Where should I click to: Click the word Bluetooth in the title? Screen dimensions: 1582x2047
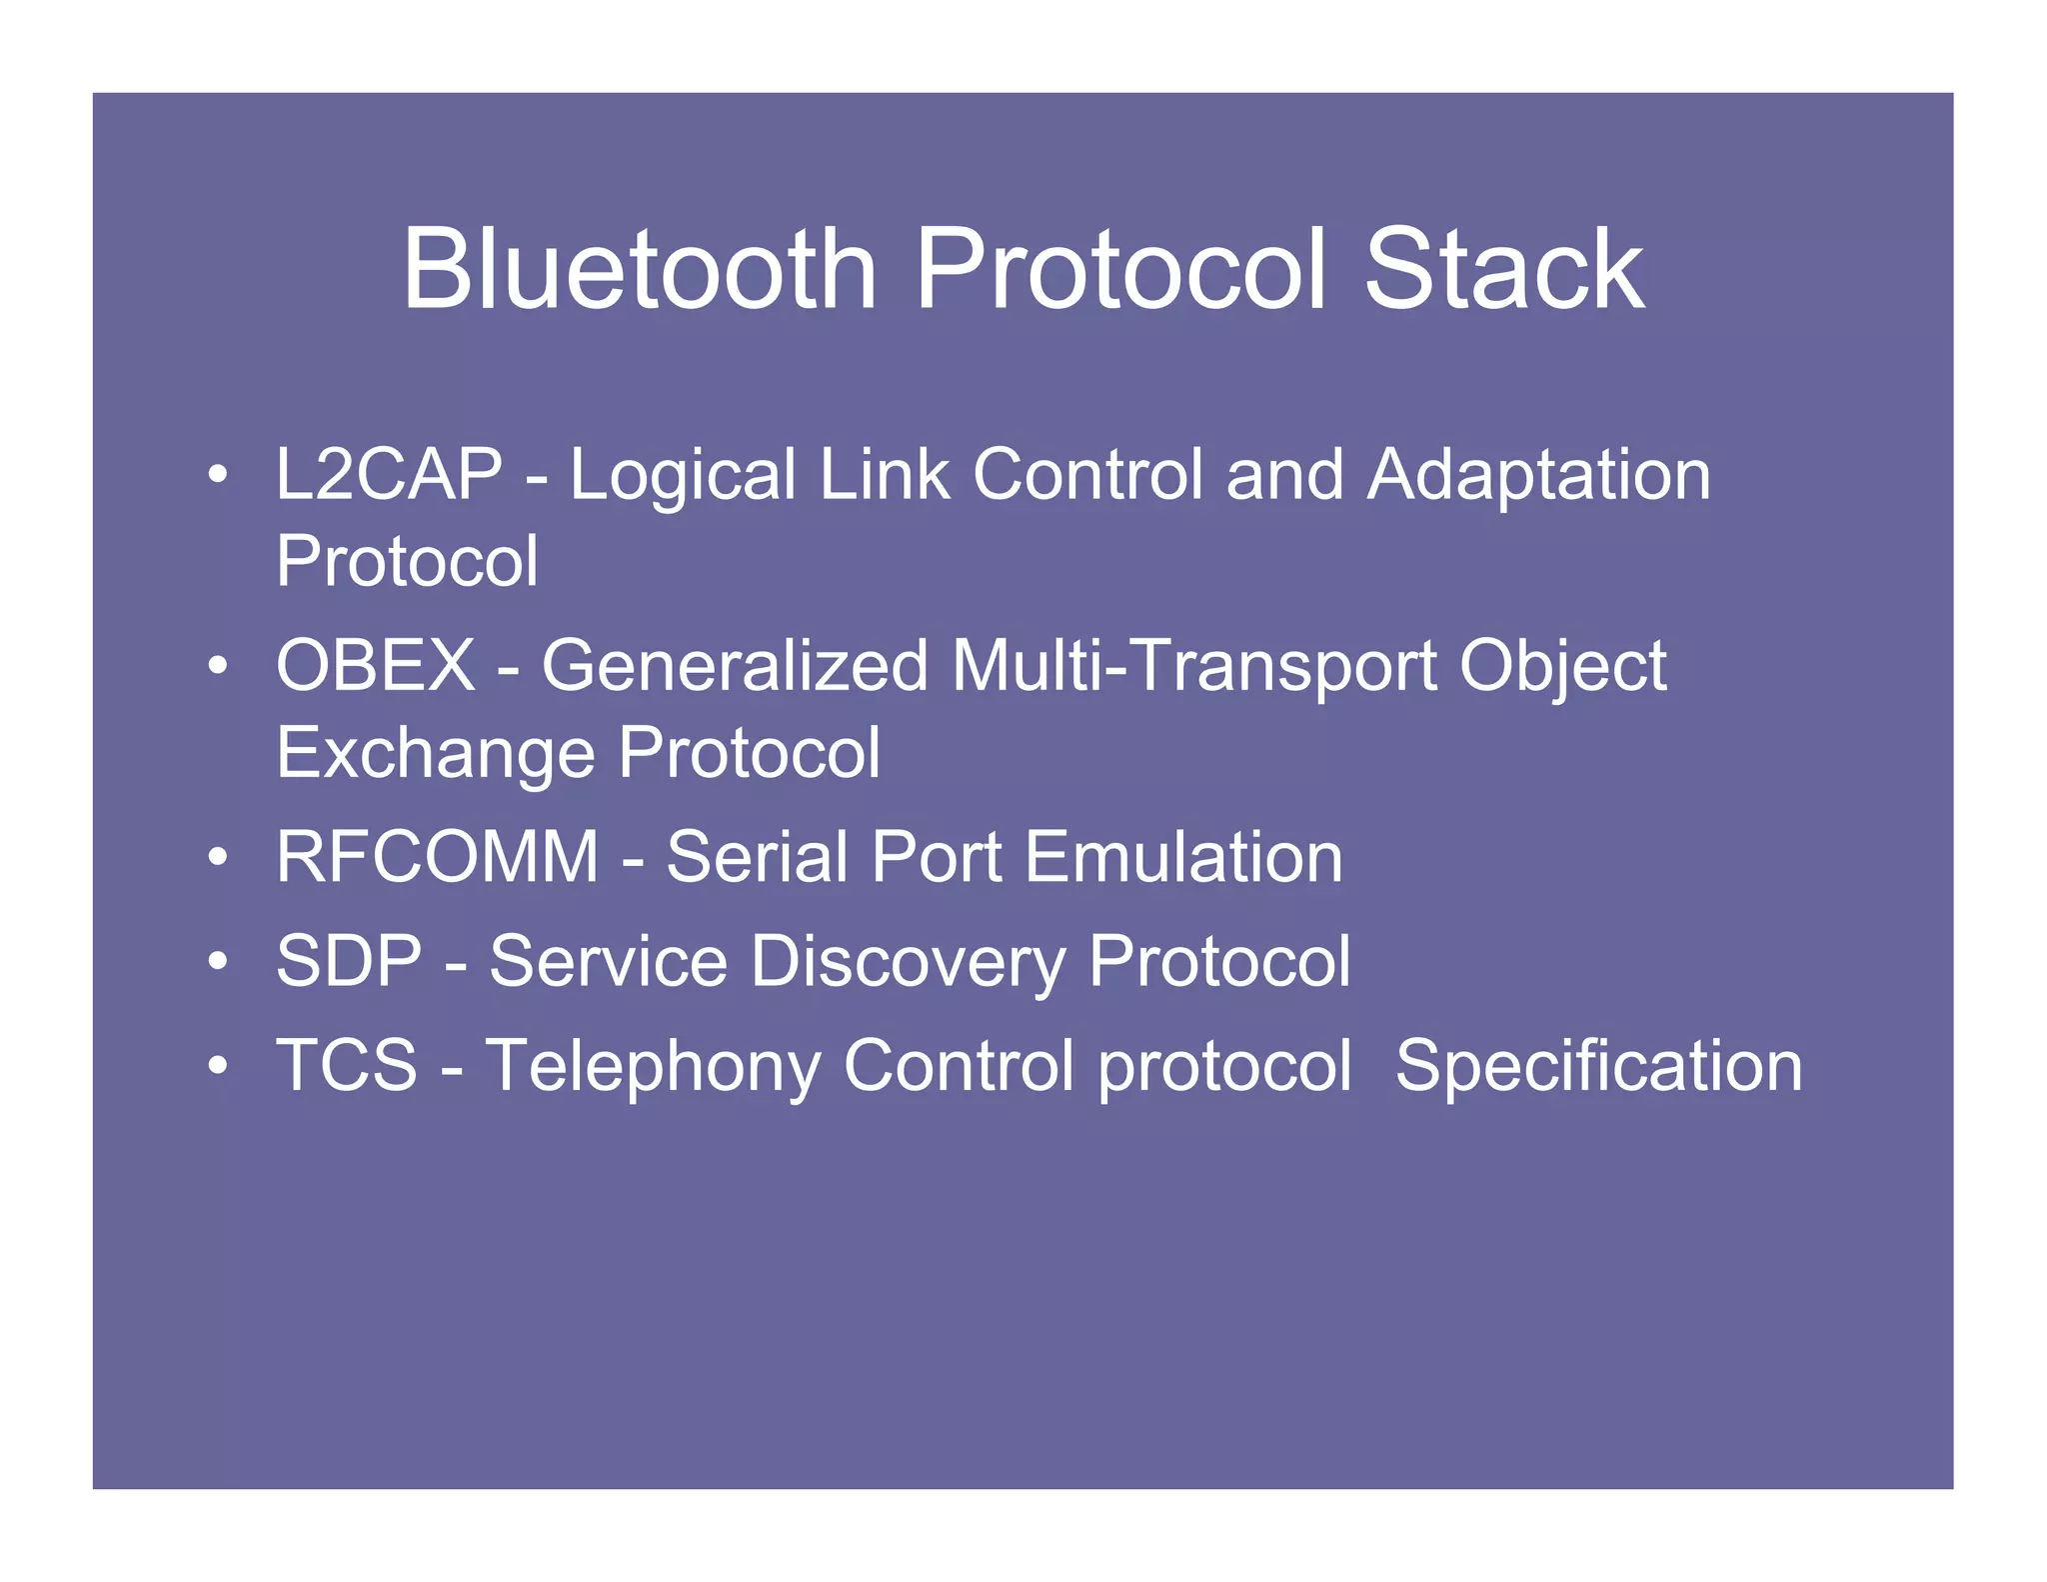pos(640,269)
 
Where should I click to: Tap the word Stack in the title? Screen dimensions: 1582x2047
pos(1503,269)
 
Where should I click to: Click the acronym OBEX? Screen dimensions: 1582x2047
pos(376,665)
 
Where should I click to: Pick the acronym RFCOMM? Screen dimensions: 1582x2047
pos(437,857)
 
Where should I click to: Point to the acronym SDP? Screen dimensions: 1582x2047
pos(349,961)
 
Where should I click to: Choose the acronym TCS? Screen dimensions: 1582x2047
pos(347,1065)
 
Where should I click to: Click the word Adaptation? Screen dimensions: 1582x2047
pos(1538,475)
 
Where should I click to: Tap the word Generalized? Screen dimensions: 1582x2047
pos(735,665)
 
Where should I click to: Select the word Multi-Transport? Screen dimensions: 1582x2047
pos(1194,665)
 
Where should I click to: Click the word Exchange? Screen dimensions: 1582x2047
pos(436,753)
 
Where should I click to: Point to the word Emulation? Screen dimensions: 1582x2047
pos(1183,857)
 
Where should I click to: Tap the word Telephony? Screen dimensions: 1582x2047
pos(653,1067)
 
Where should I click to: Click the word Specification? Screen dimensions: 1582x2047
pos(1598,1067)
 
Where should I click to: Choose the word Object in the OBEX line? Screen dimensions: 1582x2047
pos(1562,667)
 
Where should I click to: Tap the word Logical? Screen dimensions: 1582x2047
pos(683,475)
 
